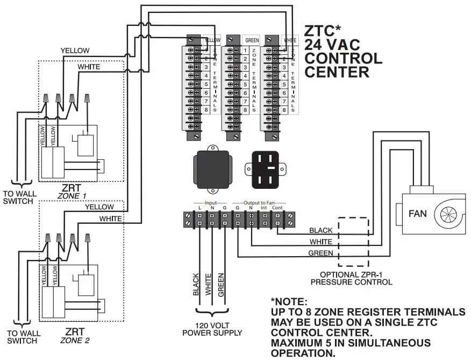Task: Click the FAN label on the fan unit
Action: pyautogui.click(x=418, y=213)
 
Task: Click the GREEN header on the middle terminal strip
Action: pyautogui.click(x=252, y=40)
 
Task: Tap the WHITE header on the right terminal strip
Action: pyautogui.click(x=290, y=40)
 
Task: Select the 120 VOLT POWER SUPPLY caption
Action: pyautogui.click(x=212, y=329)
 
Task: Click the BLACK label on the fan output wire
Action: pyautogui.click(x=320, y=230)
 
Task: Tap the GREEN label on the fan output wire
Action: pyautogui.click(x=321, y=253)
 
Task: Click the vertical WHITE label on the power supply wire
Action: pyautogui.click(x=208, y=283)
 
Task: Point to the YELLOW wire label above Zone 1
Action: pyautogui.click(x=75, y=50)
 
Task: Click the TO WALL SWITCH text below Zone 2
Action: pyautogui.click(x=22, y=337)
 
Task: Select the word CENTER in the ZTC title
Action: pyautogui.click(x=337, y=72)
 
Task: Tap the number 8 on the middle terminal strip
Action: pyautogui.click(x=245, y=110)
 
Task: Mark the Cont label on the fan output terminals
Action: pyautogui.click(x=277, y=207)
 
